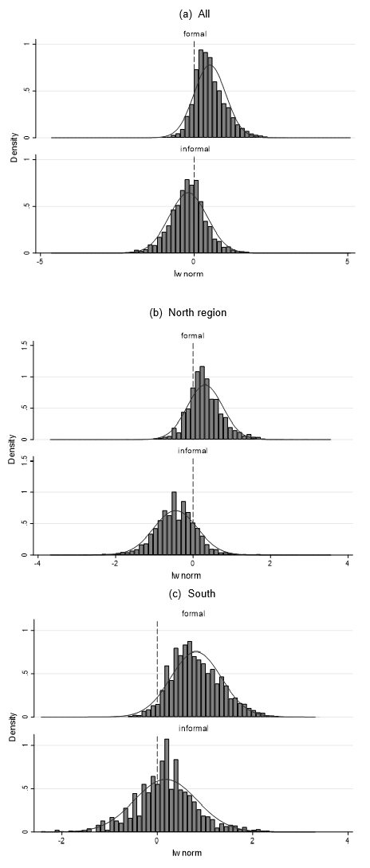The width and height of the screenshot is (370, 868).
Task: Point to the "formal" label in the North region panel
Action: point(192,335)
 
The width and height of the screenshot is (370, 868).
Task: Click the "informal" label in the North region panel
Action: point(192,451)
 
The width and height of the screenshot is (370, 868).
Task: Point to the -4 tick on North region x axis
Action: point(37,564)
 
